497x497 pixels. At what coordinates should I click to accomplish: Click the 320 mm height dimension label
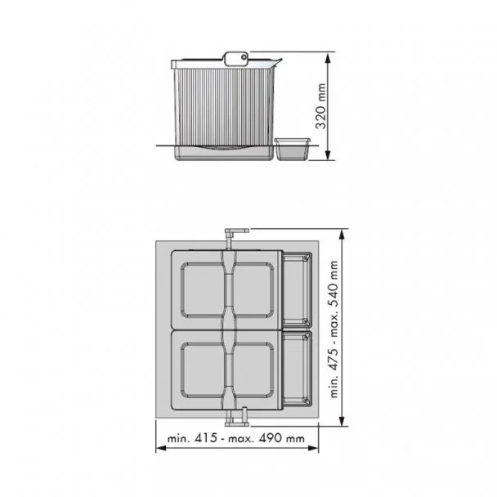pyautogui.click(x=321, y=106)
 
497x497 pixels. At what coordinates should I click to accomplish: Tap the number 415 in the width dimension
pyautogui.click(x=206, y=438)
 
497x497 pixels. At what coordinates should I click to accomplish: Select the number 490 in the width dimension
pyautogui.click(x=270, y=438)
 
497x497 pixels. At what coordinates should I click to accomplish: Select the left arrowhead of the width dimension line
pyautogui.click(x=161, y=448)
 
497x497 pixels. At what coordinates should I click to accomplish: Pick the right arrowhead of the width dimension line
pyautogui.click(x=313, y=448)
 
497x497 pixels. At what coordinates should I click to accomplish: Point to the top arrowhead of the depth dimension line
pyautogui.click(x=342, y=236)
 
